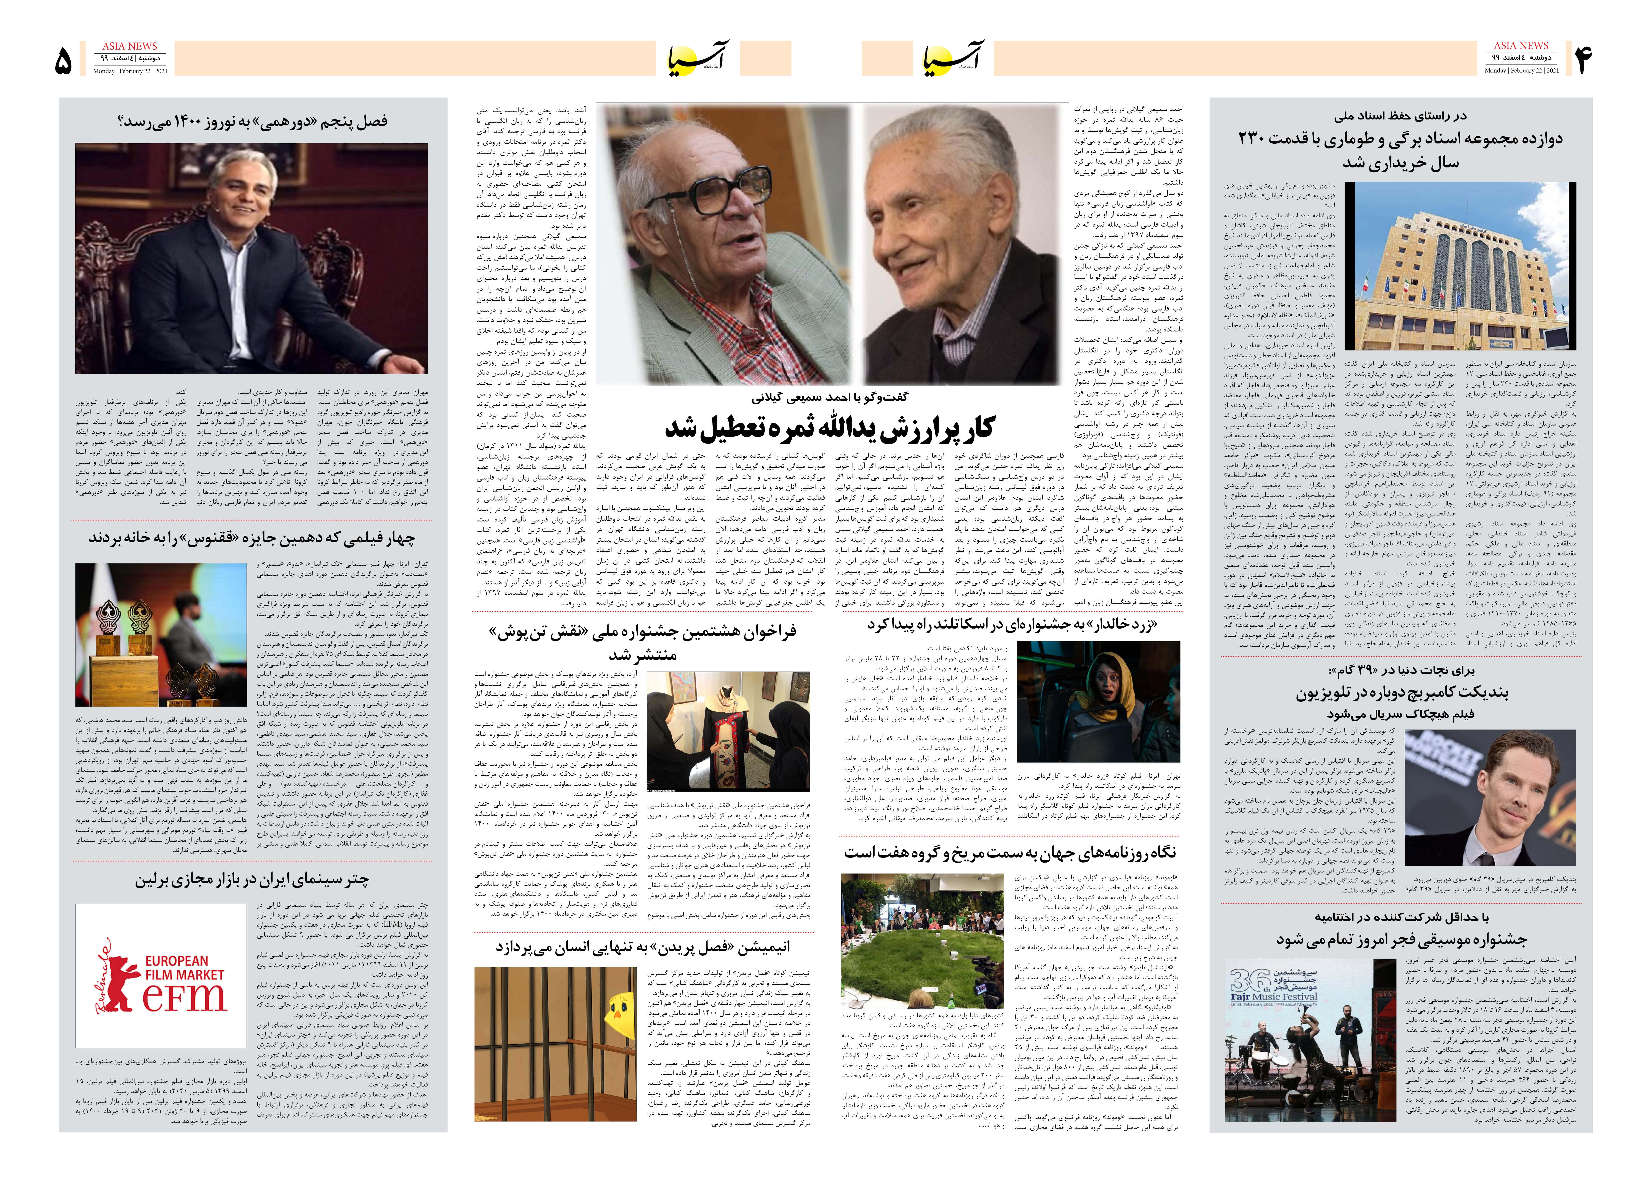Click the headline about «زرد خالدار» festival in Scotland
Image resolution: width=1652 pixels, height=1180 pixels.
click(1012, 625)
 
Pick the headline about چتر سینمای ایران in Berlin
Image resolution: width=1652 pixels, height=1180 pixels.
click(251, 880)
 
